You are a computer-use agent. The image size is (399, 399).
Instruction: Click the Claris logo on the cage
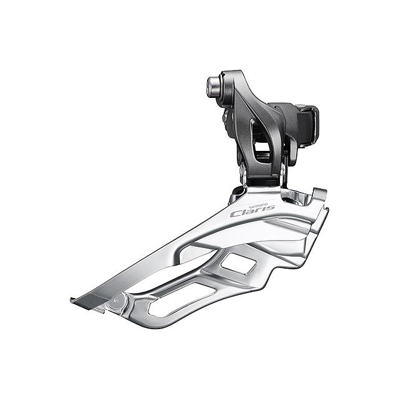click(x=252, y=211)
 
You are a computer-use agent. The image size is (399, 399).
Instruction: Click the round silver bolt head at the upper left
click(x=213, y=87)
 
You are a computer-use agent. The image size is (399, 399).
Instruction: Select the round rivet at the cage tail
click(x=117, y=302)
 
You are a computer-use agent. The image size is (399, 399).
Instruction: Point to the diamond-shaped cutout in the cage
click(x=239, y=264)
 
